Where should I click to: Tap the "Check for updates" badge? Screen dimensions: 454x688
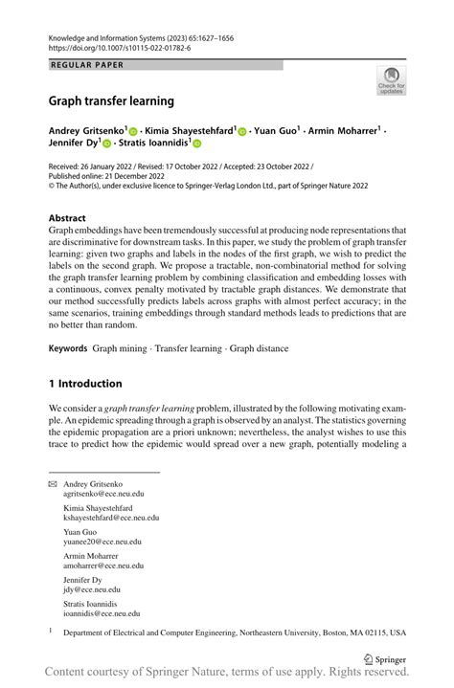click(391, 80)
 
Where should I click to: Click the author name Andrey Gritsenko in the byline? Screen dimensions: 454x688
click(85, 129)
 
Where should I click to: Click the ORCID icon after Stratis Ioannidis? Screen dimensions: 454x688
click(196, 144)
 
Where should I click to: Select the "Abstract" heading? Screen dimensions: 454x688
click(67, 217)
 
